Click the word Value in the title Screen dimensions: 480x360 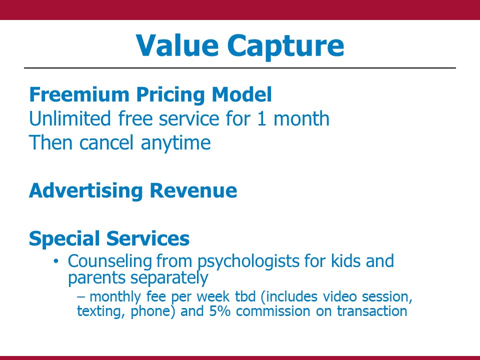177,45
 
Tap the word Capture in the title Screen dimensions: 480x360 285,46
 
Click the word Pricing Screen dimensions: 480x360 171,95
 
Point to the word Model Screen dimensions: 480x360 242,94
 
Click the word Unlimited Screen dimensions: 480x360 70,118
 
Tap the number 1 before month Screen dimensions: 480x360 261,119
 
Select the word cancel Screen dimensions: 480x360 106,142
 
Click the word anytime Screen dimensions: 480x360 175,143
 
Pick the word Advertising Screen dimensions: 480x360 86,191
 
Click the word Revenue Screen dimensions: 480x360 193,190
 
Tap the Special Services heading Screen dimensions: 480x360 109,239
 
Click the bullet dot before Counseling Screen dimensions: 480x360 55,261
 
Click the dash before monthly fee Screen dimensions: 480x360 81,297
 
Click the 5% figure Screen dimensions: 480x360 220,311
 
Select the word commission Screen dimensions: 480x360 273,311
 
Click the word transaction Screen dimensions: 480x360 372,311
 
